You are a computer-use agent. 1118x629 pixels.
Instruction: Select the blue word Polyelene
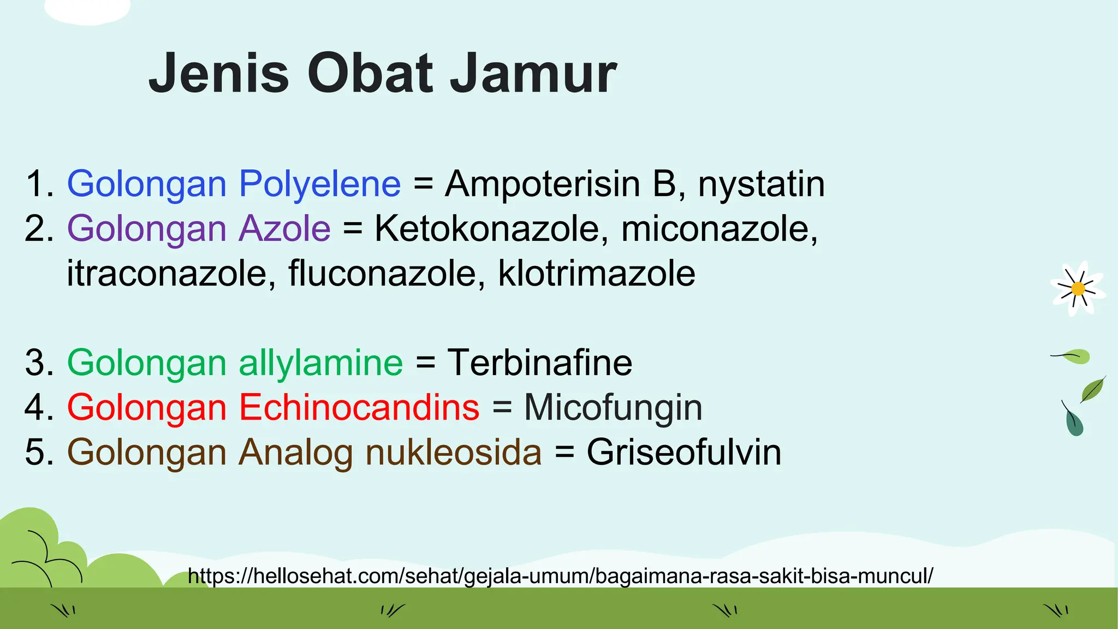(320, 184)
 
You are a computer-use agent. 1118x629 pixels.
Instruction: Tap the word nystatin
(761, 184)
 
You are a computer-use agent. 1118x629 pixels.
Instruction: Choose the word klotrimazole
(596, 274)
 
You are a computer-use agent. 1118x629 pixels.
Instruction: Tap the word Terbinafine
(539, 363)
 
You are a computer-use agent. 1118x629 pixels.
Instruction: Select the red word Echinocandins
(359, 408)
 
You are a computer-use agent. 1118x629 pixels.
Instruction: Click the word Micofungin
(612, 408)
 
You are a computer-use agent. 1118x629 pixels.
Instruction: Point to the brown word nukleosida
(453, 453)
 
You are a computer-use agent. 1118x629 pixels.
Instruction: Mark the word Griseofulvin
(683, 453)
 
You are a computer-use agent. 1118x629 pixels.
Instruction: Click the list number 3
(38, 363)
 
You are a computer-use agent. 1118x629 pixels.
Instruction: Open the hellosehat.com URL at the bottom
(560, 576)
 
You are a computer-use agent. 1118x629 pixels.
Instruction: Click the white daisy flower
(1078, 288)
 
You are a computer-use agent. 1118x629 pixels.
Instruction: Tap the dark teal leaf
(1074, 422)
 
